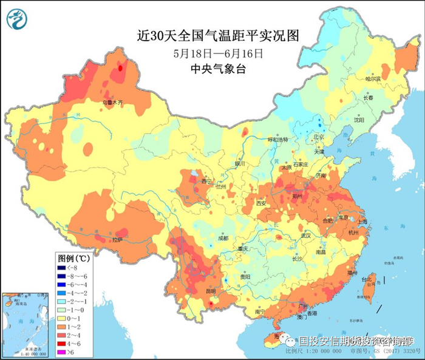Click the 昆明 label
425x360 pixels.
tap(211, 291)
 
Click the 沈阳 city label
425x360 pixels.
tap(361, 120)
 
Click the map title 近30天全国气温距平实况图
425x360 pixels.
tap(218, 36)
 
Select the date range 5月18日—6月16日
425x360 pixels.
tap(218, 53)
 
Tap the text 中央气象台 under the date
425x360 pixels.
tap(218, 69)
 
